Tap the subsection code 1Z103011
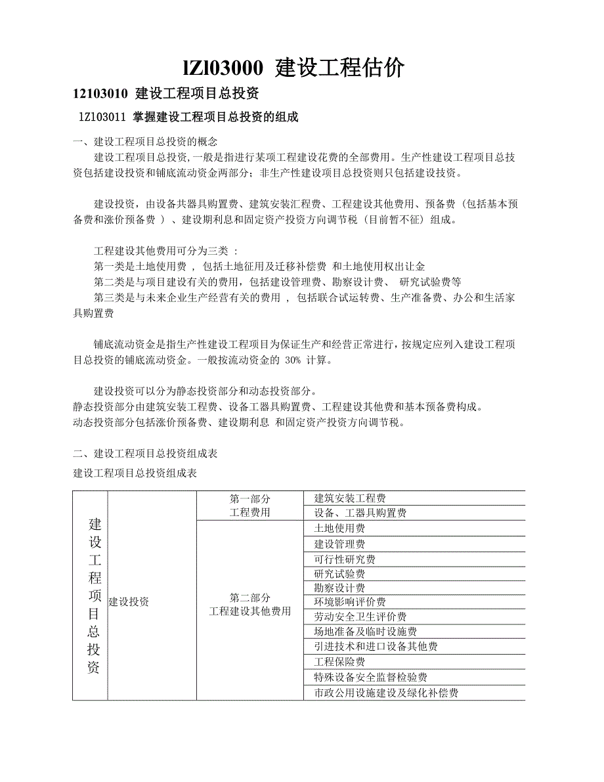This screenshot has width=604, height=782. click(x=101, y=118)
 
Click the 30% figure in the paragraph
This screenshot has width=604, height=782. click(x=293, y=360)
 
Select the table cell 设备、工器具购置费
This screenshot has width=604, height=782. click(x=360, y=513)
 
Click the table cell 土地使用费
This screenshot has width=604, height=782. click(x=339, y=529)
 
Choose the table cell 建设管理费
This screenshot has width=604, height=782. click(x=339, y=544)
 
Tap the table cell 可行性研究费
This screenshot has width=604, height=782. click(x=345, y=559)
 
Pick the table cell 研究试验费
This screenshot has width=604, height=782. click(x=339, y=574)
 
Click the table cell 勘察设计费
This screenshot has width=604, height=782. click(x=339, y=588)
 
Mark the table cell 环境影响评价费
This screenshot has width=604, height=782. click(x=350, y=602)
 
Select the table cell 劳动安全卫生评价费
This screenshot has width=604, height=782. click(x=360, y=617)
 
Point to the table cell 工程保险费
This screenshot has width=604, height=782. click(x=339, y=662)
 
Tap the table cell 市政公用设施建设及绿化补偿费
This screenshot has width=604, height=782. click(x=386, y=693)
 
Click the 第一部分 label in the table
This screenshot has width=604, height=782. click(x=249, y=499)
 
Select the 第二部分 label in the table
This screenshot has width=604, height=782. click(x=249, y=597)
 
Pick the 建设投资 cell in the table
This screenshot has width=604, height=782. click(x=129, y=601)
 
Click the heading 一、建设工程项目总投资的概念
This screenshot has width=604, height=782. click(x=145, y=141)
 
